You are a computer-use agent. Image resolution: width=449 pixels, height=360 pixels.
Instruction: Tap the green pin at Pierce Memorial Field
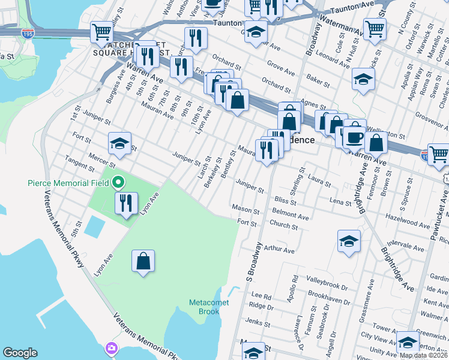tap(118, 181)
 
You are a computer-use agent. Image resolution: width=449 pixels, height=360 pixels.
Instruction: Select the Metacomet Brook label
tap(209, 307)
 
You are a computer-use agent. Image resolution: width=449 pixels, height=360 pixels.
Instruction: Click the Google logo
tap(20, 353)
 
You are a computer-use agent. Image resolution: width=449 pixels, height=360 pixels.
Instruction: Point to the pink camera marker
tap(112, 348)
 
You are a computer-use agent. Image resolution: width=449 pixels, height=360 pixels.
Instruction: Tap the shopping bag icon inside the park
tap(143, 262)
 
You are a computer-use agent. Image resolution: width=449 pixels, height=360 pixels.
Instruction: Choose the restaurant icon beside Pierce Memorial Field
tap(127, 204)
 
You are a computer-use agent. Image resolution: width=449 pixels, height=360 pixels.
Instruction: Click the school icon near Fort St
tap(119, 143)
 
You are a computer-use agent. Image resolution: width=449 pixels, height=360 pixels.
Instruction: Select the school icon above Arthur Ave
tap(349, 241)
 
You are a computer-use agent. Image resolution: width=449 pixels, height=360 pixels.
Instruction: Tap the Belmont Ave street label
tap(291, 214)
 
